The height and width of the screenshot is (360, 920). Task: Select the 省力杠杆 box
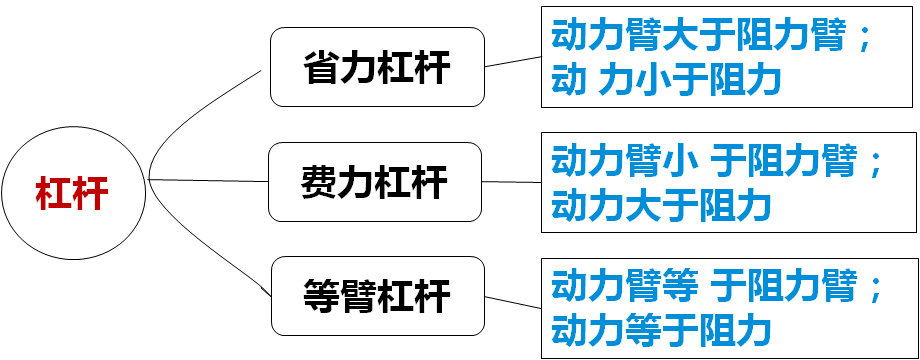(377, 68)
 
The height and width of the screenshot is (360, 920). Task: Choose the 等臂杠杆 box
(377, 296)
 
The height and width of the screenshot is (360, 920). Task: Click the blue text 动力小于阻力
(666, 80)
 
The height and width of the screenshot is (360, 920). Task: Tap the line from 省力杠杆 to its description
(513, 62)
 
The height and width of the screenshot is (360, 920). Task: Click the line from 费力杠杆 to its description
(512, 182)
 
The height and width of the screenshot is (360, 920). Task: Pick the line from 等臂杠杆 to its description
(513, 304)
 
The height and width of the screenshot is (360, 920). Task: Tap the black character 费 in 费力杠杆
(319, 182)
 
